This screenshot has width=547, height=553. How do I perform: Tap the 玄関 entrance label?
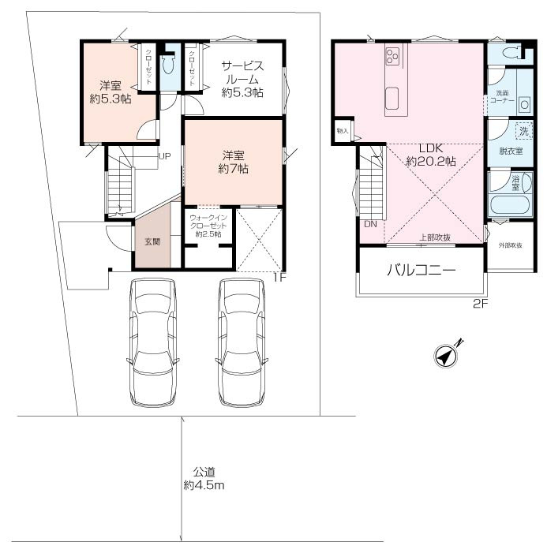click(x=153, y=241)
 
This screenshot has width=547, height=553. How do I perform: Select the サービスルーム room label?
click(x=242, y=79)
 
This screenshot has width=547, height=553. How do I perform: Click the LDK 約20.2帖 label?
click(x=431, y=155)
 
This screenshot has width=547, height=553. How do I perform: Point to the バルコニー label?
click(x=421, y=270)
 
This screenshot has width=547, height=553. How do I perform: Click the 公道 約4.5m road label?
click(x=204, y=478)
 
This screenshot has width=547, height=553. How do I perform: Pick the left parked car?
click(x=153, y=342)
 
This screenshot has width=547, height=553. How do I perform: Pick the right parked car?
click(x=242, y=342)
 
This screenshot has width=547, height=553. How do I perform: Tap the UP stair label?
click(x=164, y=156)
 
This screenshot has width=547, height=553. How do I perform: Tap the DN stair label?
click(x=370, y=224)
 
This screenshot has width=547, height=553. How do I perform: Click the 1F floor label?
click(x=279, y=278)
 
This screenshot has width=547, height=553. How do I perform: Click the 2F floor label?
click(x=480, y=303)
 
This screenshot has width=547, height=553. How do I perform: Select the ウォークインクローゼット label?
click(x=208, y=226)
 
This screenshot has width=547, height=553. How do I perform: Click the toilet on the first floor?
click(x=168, y=63)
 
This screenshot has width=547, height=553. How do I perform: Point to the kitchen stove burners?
click(x=392, y=56)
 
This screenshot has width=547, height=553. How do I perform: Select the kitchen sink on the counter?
click(x=392, y=98)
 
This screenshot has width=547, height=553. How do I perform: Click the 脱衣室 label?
click(x=511, y=151)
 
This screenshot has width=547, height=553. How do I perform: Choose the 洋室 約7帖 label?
click(x=234, y=163)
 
